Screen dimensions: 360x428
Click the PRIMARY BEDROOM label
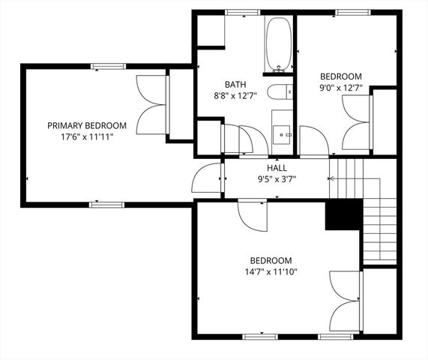[87, 125]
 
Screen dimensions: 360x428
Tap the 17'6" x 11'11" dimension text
[87, 137]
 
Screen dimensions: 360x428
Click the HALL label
[277, 168]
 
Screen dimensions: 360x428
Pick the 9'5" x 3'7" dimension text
[277, 179]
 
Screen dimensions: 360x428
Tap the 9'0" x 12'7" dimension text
[341, 88]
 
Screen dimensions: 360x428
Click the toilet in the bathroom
[279, 93]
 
